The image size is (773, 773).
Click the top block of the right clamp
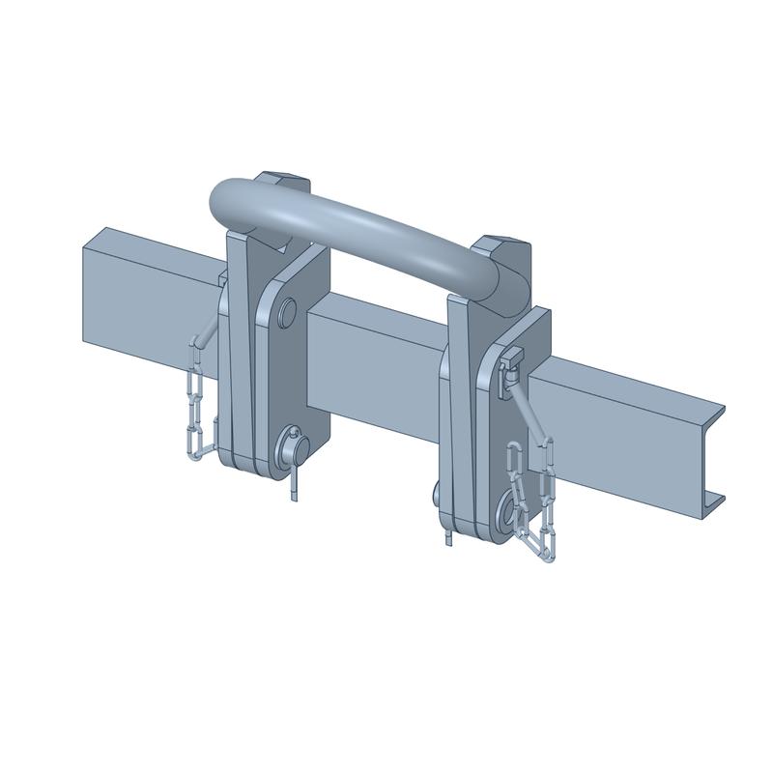point(504,245)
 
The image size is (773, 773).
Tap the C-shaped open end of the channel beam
point(713,454)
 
